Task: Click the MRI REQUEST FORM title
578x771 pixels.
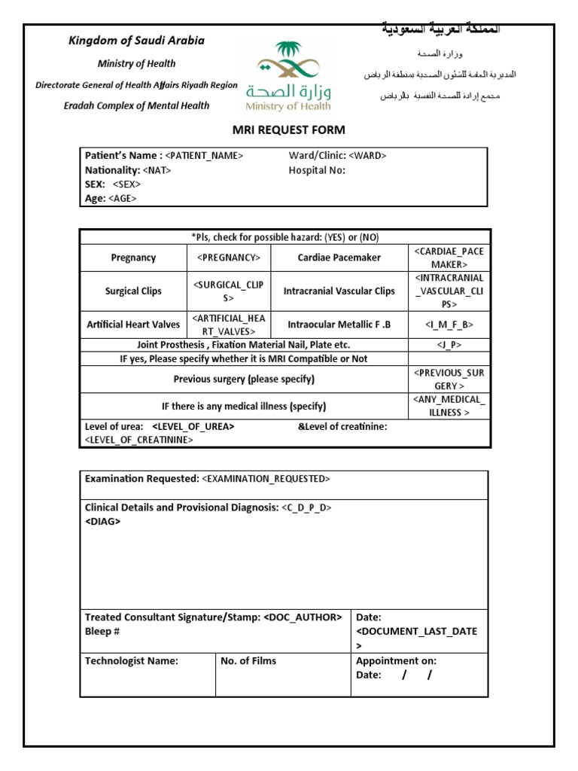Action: click(x=289, y=130)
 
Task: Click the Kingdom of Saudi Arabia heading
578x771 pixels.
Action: click(x=136, y=41)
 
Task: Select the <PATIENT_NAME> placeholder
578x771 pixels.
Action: click(x=204, y=156)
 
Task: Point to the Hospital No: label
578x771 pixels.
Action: click(x=317, y=170)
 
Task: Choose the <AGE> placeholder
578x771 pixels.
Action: click(x=123, y=199)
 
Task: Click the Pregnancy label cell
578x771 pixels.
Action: click(x=133, y=258)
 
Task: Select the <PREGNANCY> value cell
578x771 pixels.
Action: click(x=229, y=258)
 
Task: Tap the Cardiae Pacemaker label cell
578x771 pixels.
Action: click(x=339, y=258)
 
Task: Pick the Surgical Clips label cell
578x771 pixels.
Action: click(x=133, y=291)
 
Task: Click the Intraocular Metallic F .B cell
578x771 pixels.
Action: click(x=339, y=325)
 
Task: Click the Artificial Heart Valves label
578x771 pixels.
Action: click(x=133, y=325)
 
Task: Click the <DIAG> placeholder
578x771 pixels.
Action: click(x=102, y=522)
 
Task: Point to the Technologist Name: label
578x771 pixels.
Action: click(x=132, y=661)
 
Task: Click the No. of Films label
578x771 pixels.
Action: click(x=248, y=661)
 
